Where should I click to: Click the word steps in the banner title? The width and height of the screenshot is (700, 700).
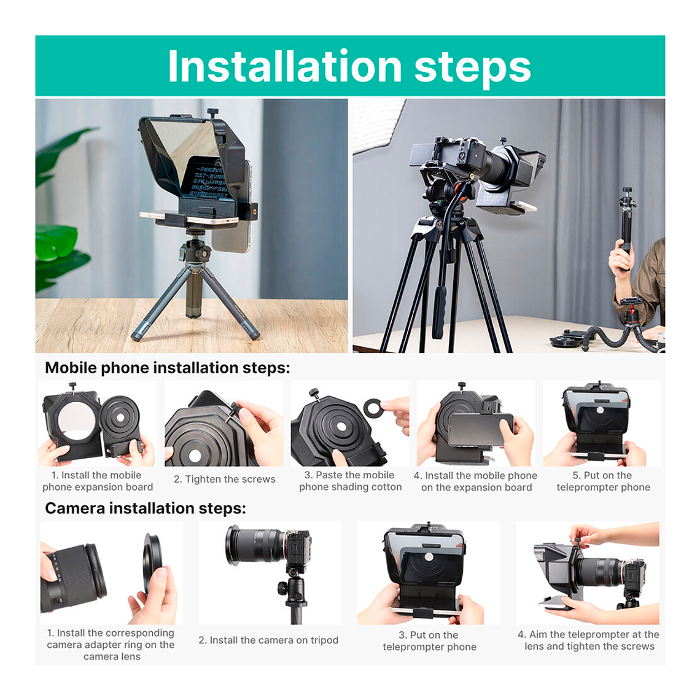tap(472, 68)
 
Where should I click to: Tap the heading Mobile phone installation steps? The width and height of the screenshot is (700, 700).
tap(167, 368)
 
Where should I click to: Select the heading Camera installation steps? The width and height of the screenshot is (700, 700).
tap(146, 508)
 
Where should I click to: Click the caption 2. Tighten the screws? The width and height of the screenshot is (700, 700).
tap(224, 480)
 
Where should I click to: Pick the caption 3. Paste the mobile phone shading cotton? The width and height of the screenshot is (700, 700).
tap(350, 481)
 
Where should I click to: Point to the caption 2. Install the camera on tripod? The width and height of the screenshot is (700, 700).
tap(268, 640)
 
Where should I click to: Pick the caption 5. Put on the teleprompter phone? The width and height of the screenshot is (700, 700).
tap(603, 481)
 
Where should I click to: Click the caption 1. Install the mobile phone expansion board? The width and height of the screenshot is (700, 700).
tap(97, 481)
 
